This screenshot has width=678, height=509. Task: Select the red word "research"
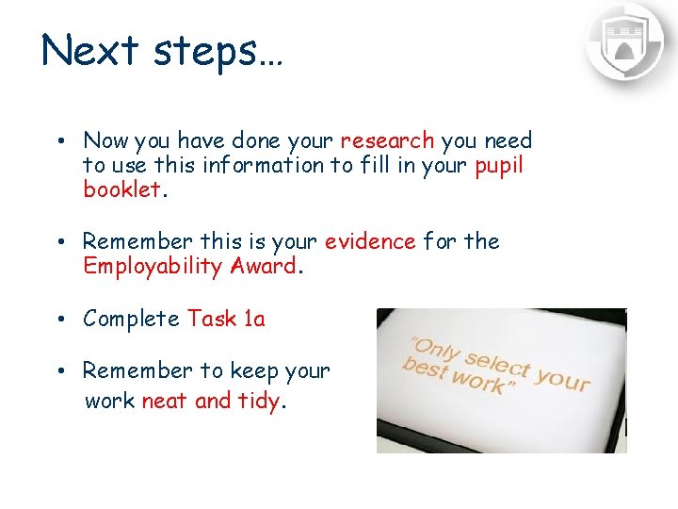pos(387,141)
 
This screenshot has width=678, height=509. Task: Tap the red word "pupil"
pos(499,166)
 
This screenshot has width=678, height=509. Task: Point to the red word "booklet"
pos(122,189)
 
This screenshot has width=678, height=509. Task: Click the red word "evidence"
pos(370,241)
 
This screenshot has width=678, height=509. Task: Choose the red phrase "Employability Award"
pos(190,266)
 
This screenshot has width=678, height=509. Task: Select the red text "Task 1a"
pos(226,319)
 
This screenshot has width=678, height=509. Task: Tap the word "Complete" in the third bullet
pos(131,320)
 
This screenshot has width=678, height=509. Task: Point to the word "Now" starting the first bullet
pos(105,141)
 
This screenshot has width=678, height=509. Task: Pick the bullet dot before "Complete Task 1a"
pos(58,320)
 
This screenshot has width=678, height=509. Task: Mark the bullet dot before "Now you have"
pos(58,141)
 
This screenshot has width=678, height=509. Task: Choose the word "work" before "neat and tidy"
pos(110,401)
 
